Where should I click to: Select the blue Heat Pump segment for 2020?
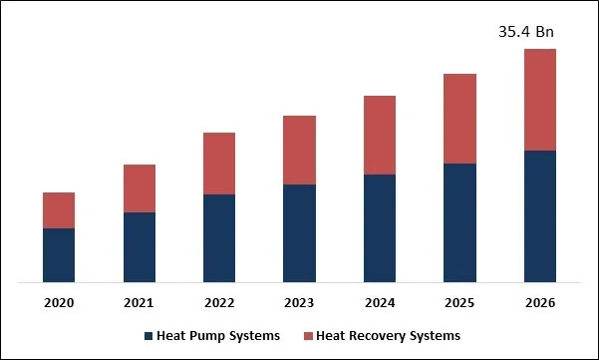(x=59, y=255)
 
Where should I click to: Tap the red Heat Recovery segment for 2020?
(x=59, y=210)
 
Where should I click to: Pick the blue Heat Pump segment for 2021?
(x=140, y=247)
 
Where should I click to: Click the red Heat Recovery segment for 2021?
(x=140, y=188)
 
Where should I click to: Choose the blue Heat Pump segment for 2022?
(x=219, y=238)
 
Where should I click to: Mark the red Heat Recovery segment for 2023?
(x=299, y=151)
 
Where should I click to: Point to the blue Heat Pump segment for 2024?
(x=380, y=228)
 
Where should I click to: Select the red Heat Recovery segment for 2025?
(x=459, y=119)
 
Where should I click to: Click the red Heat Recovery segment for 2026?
(x=539, y=100)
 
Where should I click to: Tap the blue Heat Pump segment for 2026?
(x=539, y=216)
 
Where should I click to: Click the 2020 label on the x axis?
(x=59, y=302)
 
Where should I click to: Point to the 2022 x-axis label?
(x=219, y=302)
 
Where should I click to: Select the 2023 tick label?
(x=299, y=302)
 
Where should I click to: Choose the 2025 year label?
(x=459, y=302)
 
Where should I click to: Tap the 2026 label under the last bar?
(x=539, y=302)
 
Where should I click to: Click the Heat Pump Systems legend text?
(x=218, y=336)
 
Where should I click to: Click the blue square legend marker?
(x=149, y=336)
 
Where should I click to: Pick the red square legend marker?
(x=309, y=336)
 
